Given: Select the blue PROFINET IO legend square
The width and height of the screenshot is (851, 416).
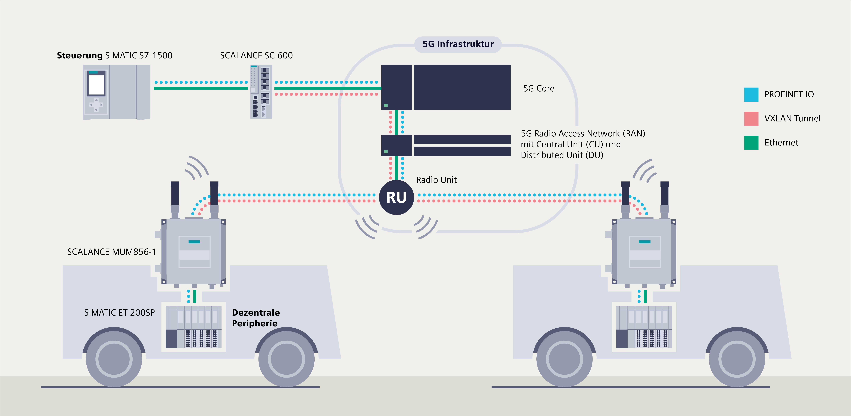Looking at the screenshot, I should [x=751, y=95].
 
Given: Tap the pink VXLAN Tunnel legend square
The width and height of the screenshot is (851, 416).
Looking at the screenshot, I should [x=751, y=119].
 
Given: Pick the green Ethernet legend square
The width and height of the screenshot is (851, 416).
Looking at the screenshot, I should [x=751, y=143].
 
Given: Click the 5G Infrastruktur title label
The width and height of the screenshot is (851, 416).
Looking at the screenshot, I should [x=458, y=44].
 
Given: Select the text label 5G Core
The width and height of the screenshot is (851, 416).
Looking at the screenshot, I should [x=538, y=89].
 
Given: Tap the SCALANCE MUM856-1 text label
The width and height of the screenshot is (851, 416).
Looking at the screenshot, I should [x=111, y=252].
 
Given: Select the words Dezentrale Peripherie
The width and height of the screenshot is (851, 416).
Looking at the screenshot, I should [x=256, y=318].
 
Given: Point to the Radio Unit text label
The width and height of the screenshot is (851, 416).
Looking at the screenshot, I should [x=436, y=180].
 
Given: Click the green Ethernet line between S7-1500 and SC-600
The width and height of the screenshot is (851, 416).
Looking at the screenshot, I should [x=201, y=88].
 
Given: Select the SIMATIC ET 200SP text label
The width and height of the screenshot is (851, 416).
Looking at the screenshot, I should [x=119, y=313].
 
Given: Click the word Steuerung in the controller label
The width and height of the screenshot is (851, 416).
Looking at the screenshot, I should [x=80, y=55].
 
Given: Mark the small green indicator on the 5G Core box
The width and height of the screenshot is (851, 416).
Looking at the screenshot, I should [x=386, y=105].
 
